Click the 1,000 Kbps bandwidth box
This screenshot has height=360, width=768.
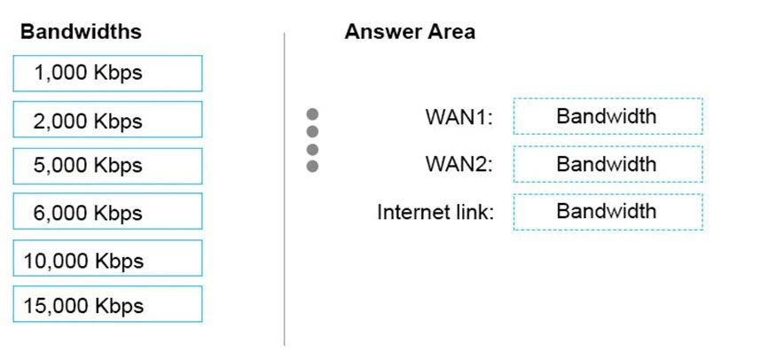pyautogui.click(x=107, y=74)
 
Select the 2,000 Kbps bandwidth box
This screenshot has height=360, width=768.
pyautogui.click(x=107, y=120)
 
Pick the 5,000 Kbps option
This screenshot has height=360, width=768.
pyautogui.click(x=107, y=166)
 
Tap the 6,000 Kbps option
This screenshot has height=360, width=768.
pyautogui.click(x=107, y=212)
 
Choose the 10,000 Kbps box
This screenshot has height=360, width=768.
pyautogui.click(x=107, y=259)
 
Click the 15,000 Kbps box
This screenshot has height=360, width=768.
pyautogui.click(x=107, y=305)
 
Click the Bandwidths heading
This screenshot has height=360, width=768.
pyautogui.click(x=81, y=32)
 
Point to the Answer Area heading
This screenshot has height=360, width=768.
pyautogui.click(x=409, y=32)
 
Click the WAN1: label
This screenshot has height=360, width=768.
pyautogui.click(x=458, y=117)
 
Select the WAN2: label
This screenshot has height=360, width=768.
pyautogui.click(x=458, y=164)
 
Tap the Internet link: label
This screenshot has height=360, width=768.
pyautogui.click(x=435, y=212)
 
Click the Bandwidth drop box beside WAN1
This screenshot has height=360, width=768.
pyautogui.click(x=607, y=116)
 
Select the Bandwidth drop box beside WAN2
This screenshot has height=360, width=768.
pyautogui.click(x=607, y=164)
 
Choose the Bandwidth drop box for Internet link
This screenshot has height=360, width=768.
pyautogui.click(x=607, y=212)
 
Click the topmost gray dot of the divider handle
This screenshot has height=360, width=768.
pyautogui.click(x=312, y=114)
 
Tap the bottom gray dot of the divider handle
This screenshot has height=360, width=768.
pyautogui.click(x=312, y=166)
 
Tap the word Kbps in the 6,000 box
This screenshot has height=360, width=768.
pyautogui.click(x=119, y=213)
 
